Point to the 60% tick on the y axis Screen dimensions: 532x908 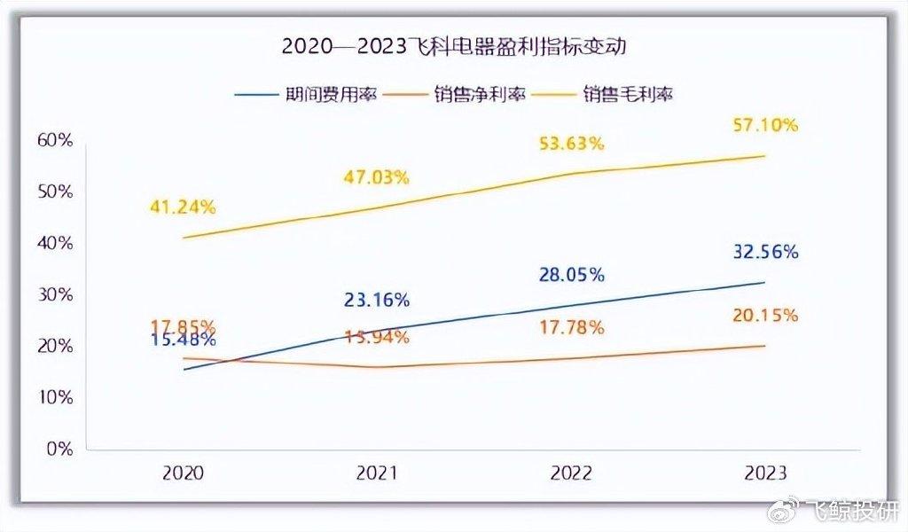[54, 140]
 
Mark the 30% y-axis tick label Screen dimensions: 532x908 [54, 294]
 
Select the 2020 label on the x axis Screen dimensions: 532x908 [183, 473]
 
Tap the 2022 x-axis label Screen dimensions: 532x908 [571, 473]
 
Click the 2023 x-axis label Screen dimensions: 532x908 [765, 473]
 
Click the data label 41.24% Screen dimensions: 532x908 [183, 207]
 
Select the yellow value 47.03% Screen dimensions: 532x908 [376, 177]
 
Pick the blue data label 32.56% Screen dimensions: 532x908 [765, 252]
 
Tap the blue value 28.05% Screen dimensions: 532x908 [571, 275]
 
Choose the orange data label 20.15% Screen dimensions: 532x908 [765, 315]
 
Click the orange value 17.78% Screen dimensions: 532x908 [571, 328]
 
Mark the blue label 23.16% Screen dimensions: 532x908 [376, 300]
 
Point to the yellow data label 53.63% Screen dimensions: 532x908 [571, 143]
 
